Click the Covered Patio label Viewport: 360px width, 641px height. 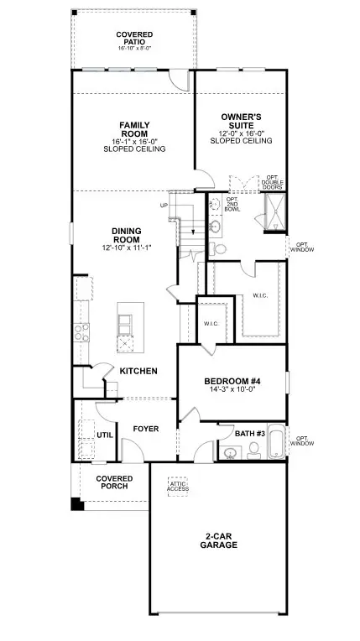tap(134, 39)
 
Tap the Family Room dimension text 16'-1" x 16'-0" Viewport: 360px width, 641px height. tap(134, 142)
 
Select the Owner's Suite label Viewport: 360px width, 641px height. tap(241, 121)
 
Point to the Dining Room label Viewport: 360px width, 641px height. tap(127, 236)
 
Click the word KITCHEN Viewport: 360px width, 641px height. tap(138, 371)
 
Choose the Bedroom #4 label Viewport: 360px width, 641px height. tap(232, 382)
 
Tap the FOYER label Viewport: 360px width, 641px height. tap(146, 429)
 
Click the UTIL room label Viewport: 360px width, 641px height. tap(105, 435)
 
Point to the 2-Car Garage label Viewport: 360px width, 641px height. tap(218, 541)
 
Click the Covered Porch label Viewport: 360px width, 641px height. tap(114, 482)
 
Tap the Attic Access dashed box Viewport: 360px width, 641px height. tap(178, 487)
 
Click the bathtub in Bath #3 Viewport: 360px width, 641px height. tap(276, 442)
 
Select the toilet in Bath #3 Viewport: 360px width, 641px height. tap(254, 451)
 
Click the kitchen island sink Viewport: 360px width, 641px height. tap(125, 325)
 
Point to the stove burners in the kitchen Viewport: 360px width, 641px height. tap(81, 332)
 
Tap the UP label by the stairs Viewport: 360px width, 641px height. tap(164, 205)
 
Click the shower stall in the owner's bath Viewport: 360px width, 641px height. tap(275, 212)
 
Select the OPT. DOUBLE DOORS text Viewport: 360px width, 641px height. tap(272, 182)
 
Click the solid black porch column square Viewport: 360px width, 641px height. tap(77, 504)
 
